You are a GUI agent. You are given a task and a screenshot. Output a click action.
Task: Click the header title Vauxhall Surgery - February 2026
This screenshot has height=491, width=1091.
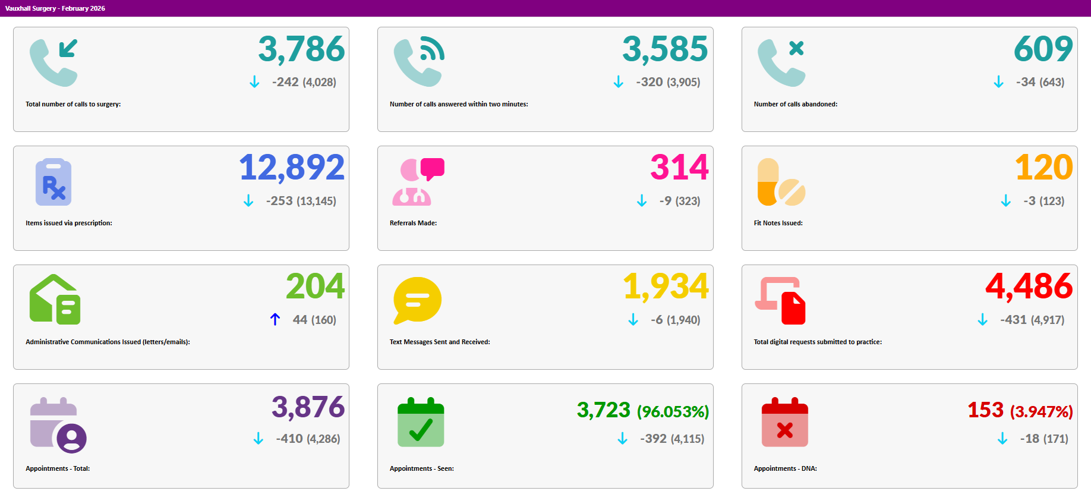(55, 8)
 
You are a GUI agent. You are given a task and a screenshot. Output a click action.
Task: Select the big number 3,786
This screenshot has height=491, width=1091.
(301, 49)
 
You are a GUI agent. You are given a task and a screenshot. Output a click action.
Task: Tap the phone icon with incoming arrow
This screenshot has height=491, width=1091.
(53, 62)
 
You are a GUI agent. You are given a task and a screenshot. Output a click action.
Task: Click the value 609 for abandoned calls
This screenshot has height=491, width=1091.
(1043, 49)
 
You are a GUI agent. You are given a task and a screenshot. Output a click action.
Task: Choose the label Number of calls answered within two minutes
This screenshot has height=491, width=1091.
(459, 104)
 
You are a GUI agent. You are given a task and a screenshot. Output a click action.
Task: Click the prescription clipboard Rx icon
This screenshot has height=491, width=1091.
(53, 182)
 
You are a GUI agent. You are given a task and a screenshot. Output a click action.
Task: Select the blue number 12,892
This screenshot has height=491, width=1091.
(292, 168)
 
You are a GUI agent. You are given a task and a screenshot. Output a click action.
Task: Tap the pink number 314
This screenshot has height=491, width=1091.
(679, 168)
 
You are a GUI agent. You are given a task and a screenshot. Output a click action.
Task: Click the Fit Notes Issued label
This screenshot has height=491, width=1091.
(778, 223)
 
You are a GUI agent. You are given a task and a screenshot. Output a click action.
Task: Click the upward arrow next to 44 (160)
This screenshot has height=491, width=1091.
(275, 319)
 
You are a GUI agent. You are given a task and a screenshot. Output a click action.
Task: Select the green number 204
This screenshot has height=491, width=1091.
(315, 287)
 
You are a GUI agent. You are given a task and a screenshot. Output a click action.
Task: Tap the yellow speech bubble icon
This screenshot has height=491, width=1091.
(417, 300)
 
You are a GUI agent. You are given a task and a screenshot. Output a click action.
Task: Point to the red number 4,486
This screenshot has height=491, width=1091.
(1029, 287)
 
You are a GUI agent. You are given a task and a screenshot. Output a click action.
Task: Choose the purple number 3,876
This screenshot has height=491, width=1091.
(308, 407)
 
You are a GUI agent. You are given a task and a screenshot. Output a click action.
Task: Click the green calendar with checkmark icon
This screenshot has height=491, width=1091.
(421, 422)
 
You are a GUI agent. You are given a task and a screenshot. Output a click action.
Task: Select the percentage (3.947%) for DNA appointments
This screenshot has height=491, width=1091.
(1042, 411)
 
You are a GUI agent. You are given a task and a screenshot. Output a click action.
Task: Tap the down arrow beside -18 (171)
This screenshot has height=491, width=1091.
(1002, 439)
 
